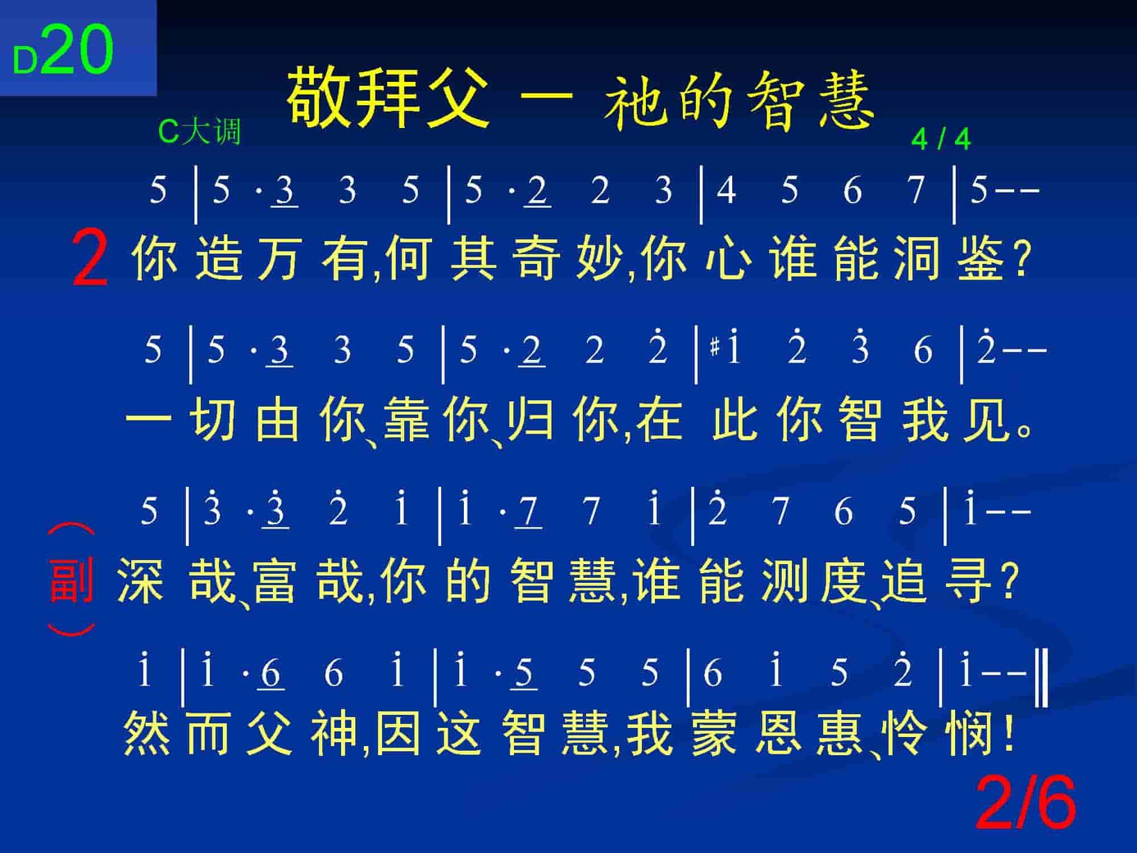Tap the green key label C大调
coord(200,131)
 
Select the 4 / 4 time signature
coord(941,139)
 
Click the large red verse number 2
coord(90,260)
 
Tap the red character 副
coord(72,579)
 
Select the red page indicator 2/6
coord(1026,803)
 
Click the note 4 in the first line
coord(726,190)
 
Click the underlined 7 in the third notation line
coord(529,512)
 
